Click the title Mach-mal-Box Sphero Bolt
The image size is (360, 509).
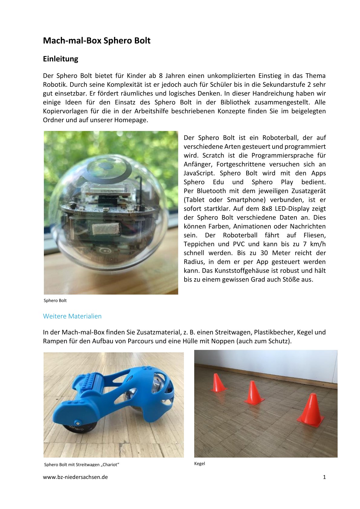tap(97, 41)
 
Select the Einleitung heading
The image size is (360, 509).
tap(61, 59)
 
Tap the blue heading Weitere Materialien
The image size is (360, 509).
tap(72, 316)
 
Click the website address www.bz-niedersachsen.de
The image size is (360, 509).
tap(75, 477)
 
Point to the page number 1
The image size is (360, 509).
tap(324, 477)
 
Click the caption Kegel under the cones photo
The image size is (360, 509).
tap(199, 463)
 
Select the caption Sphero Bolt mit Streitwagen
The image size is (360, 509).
tap(81, 465)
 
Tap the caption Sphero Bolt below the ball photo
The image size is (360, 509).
tap(55, 300)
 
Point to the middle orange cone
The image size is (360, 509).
tap(253, 393)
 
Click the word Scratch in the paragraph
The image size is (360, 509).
tap(213, 155)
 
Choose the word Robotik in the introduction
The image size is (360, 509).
tap(54, 84)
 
